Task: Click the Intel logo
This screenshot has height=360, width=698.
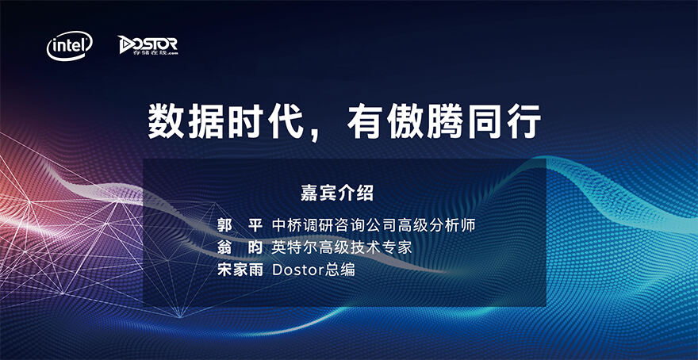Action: [70, 46]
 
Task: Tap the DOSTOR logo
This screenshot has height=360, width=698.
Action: [148, 45]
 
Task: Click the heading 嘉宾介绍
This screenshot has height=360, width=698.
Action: [337, 193]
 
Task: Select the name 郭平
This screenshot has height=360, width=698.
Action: [240, 224]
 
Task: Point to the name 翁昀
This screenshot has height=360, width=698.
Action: [240, 247]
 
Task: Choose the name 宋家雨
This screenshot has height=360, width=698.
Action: [240, 270]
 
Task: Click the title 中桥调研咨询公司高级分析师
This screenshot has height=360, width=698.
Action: [374, 224]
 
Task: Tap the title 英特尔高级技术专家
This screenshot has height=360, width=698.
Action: [342, 247]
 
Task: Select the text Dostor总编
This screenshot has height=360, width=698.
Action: [313, 270]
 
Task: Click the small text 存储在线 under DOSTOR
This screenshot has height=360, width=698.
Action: [143, 52]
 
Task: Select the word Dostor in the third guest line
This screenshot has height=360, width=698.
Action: [298, 270]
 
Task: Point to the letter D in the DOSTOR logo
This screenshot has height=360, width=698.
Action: [126, 44]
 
